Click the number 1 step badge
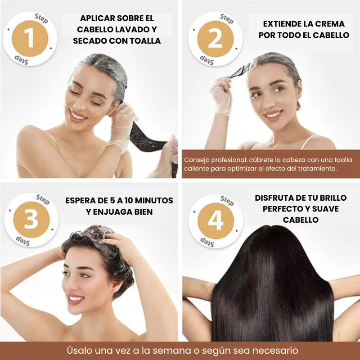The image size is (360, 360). pyautogui.click(x=30, y=39)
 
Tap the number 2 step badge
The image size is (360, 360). pyautogui.click(x=215, y=39)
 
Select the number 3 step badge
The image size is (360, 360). pyautogui.click(x=31, y=220)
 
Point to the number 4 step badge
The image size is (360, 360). pyautogui.click(x=216, y=221)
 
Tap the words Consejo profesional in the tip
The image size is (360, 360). pyautogui.click(x=213, y=160)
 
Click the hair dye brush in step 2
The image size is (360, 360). pyautogui.click(x=241, y=71)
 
